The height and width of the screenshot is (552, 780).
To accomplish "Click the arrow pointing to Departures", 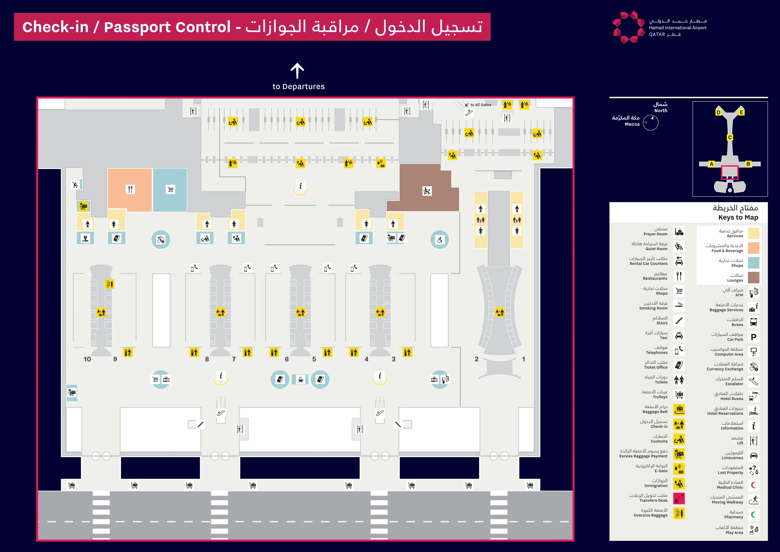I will [x=297, y=70].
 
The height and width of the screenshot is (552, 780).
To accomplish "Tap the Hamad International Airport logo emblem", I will [x=629, y=27].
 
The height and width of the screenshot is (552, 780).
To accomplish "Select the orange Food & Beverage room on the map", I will [x=130, y=189].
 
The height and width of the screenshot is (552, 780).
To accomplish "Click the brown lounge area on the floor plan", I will [x=425, y=191].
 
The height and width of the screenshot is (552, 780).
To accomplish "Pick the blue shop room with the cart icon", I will [x=170, y=189].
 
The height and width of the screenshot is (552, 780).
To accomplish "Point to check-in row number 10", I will [x=87, y=359].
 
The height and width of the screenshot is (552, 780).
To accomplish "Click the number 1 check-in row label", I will [x=523, y=359].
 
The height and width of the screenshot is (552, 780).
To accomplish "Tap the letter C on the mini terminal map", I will [x=730, y=138].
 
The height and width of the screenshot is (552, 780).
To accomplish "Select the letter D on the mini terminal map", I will [x=718, y=113].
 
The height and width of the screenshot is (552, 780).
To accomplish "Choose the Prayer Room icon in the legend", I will [x=679, y=231].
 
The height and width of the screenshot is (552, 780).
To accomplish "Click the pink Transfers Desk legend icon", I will [x=679, y=498].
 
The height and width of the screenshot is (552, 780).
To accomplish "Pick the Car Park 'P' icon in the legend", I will [x=753, y=337].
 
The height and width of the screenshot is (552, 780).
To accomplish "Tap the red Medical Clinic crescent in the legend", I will [x=753, y=485].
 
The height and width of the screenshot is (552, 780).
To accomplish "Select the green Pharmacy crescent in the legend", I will [x=753, y=514].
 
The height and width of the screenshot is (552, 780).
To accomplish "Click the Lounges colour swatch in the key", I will [x=753, y=278].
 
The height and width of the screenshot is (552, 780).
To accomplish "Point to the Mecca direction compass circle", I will [x=651, y=123].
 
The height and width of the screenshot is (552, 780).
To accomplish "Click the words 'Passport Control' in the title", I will [x=167, y=27].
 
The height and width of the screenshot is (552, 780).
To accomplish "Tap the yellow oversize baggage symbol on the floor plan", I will [x=109, y=284].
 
